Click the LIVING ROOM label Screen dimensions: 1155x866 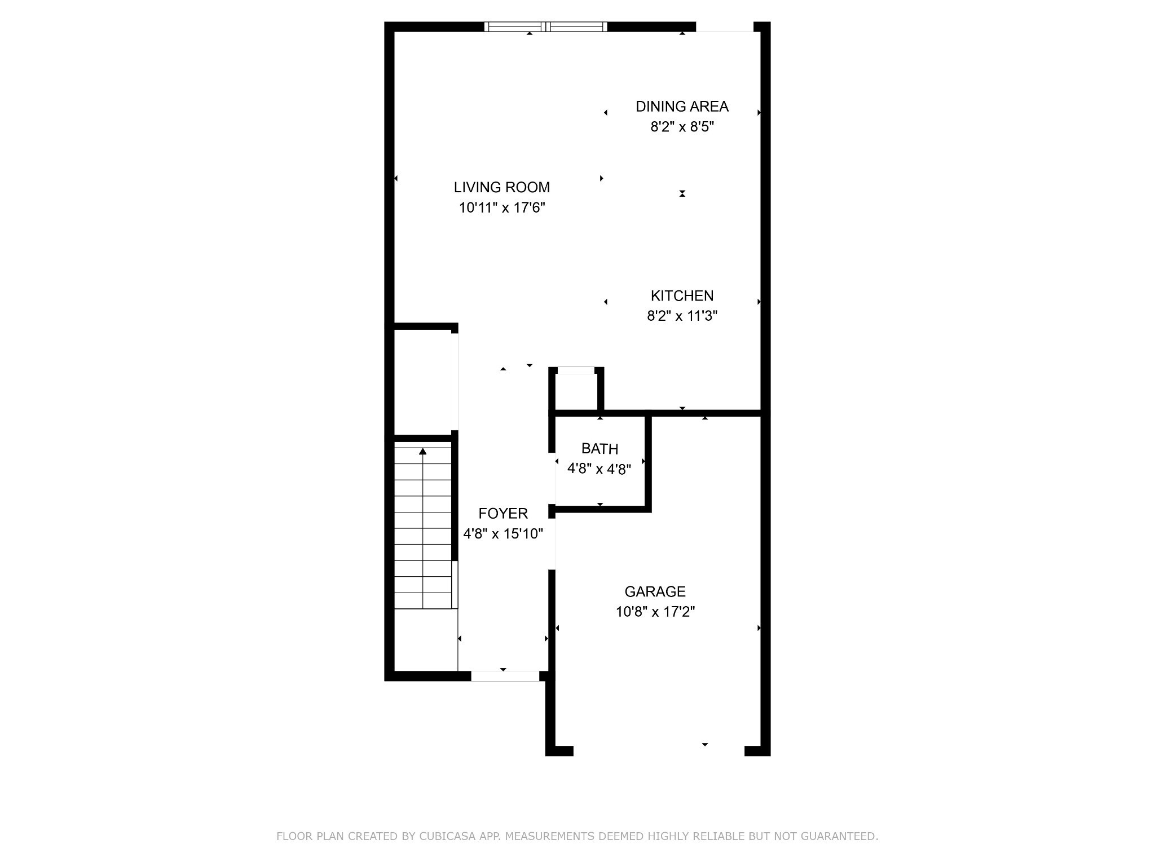(502, 187)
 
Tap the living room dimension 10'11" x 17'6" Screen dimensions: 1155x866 (502, 208)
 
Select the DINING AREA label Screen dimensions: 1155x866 (682, 107)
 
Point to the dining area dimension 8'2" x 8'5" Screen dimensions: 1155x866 (682, 127)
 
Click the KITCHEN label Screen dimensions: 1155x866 (682, 296)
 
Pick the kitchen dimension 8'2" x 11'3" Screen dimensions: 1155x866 (682, 316)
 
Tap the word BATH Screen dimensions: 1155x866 (599, 449)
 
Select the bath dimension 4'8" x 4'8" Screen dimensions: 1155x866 (599, 469)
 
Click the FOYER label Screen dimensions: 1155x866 (503, 514)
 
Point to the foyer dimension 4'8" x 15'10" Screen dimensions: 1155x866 (503, 533)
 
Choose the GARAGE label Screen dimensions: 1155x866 (655, 591)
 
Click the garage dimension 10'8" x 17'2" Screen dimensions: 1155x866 (655, 612)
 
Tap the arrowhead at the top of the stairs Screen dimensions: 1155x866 (422, 451)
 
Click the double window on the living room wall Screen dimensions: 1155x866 (545, 26)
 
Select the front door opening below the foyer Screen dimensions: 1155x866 (505, 676)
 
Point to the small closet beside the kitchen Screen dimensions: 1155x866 (576, 391)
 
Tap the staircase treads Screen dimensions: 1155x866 (423, 527)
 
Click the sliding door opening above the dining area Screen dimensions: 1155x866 (725, 27)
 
